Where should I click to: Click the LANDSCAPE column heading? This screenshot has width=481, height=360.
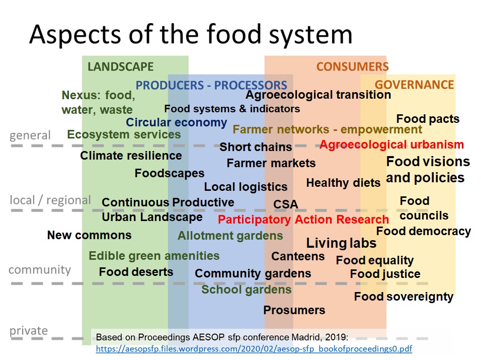[x=121, y=66]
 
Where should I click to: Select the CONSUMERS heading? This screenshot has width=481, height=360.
[x=353, y=66]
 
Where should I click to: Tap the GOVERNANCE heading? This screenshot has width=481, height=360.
[x=414, y=85]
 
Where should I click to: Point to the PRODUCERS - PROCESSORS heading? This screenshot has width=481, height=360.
[x=211, y=85]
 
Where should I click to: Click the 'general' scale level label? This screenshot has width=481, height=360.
[x=30, y=135]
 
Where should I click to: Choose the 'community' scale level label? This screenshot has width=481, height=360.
[x=40, y=270]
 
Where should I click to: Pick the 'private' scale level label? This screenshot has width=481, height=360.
[x=29, y=330]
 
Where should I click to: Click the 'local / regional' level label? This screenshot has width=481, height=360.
[x=51, y=200]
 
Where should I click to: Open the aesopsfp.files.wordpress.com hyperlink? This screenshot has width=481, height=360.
[x=254, y=349]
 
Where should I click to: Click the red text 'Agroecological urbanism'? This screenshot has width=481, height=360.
[x=392, y=145]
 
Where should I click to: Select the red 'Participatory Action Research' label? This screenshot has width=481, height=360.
[x=303, y=220]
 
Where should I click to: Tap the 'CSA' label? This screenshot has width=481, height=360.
[x=286, y=204]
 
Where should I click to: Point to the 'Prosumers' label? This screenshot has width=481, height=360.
[x=294, y=310]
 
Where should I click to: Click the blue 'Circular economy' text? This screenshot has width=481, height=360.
[x=177, y=122]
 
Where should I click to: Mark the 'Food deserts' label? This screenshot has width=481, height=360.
[x=136, y=272]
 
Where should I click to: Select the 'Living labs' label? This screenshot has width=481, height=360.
[x=341, y=243]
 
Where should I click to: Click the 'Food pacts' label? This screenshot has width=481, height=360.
[x=428, y=119]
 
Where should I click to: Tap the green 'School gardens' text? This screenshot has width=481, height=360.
[x=247, y=290]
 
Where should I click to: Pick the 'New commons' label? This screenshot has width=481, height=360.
[x=89, y=235]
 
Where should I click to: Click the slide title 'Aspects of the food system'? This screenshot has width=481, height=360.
[x=191, y=34]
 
